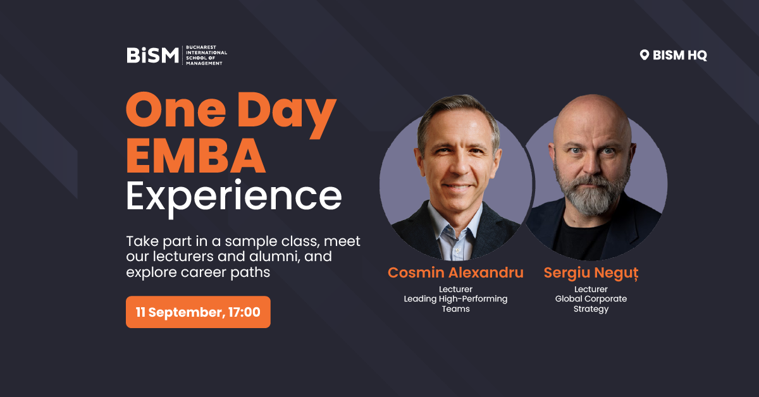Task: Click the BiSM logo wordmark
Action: [152, 55]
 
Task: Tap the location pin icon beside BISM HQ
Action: [644, 55]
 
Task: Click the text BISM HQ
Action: [680, 55]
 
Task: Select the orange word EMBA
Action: [195, 156]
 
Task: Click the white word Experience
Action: [234, 198]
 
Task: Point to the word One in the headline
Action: [176, 109]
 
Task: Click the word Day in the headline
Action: [287, 114]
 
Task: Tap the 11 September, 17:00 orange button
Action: [198, 312]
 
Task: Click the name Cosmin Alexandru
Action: [455, 272]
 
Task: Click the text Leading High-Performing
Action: [455, 299]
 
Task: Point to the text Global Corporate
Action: [591, 299]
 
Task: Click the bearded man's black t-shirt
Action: [579, 239]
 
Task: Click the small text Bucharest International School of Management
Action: [206, 55]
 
